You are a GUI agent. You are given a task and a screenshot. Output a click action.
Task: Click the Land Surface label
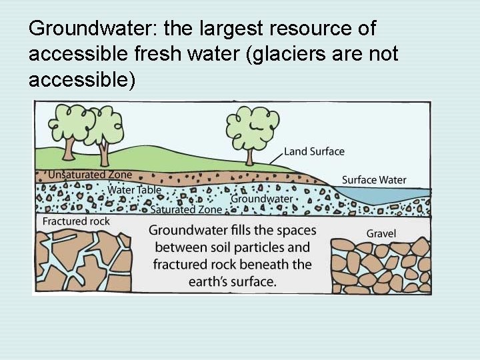click(314, 151)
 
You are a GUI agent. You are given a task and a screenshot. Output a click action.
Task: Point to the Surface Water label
click(373, 180)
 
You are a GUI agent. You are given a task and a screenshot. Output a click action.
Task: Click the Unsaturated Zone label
click(90, 175)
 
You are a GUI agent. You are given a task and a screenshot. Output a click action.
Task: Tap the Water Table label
click(135, 190)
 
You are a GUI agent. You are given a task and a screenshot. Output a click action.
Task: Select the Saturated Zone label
click(186, 209)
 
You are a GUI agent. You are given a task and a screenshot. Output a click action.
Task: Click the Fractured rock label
click(76, 221)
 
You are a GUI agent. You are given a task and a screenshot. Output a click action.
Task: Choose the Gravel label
click(381, 233)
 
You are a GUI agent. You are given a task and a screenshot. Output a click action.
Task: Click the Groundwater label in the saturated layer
click(261, 199)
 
